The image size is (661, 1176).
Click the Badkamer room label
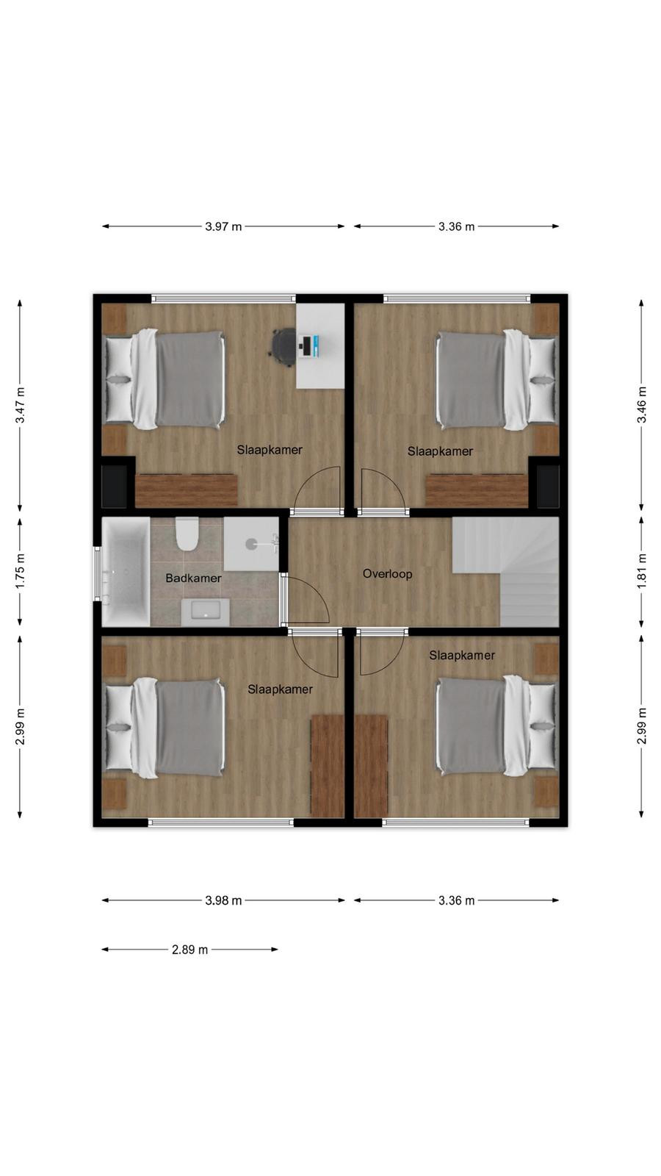click(x=193, y=578)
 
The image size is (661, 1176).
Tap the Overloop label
click(x=387, y=574)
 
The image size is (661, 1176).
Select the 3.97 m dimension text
click(x=223, y=227)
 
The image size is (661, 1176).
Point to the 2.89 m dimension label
click(x=190, y=949)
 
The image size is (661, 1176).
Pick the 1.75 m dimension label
click(x=20, y=570)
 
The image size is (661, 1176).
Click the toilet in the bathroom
click(x=187, y=534)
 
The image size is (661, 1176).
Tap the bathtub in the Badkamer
click(x=126, y=572)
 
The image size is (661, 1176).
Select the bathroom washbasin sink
click(x=205, y=612)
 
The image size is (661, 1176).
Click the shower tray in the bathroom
click(x=251, y=544)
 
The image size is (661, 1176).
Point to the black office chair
click(x=283, y=345)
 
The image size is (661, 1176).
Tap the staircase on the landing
click(x=506, y=571)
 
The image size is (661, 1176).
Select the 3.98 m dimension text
click(x=223, y=900)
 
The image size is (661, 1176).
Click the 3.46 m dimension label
click(x=641, y=405)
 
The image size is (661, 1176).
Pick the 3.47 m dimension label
click(x=20, y=405)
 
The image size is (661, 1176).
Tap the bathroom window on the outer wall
click(x=97, y=573)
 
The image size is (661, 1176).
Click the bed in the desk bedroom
click(x=166, y=379)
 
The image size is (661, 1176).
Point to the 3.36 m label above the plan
click(x=456, y=227)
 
